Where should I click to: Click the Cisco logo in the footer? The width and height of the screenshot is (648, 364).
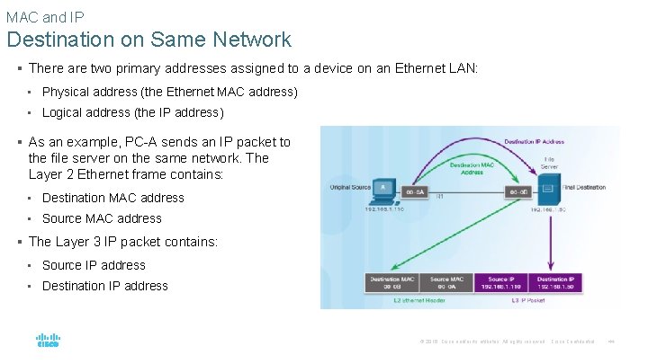48,342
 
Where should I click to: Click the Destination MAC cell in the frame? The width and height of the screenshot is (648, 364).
391,283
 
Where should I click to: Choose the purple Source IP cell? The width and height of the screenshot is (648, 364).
499,283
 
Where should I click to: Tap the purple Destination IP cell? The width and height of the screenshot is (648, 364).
554,283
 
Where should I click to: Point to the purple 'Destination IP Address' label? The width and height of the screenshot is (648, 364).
534,142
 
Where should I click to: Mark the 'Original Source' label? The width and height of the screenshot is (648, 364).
349,187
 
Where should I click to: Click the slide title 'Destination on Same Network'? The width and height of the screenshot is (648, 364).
149,40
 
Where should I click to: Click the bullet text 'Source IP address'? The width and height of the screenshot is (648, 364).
94,265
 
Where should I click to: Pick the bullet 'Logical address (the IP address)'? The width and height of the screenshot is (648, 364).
132,112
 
